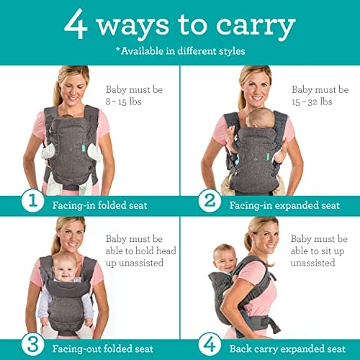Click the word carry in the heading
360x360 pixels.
pos(258,26)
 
